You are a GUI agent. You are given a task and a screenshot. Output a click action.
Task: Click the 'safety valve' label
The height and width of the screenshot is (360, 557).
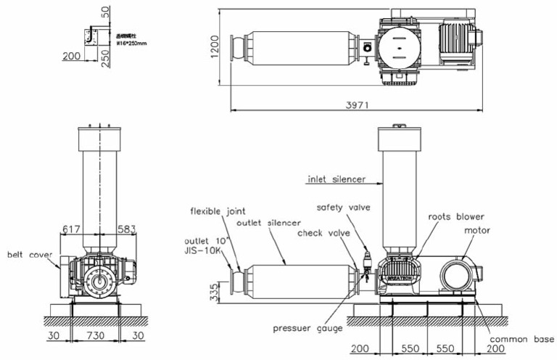(343, 208)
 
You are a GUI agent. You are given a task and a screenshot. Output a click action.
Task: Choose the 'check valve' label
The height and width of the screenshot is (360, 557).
(323, 233)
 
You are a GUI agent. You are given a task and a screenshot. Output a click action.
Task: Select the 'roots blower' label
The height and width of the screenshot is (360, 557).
(456, 216)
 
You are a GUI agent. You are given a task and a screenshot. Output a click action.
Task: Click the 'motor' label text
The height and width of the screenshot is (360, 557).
(476, 231)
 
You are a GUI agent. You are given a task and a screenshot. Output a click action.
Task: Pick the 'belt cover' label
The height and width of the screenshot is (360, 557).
(28, 255)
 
